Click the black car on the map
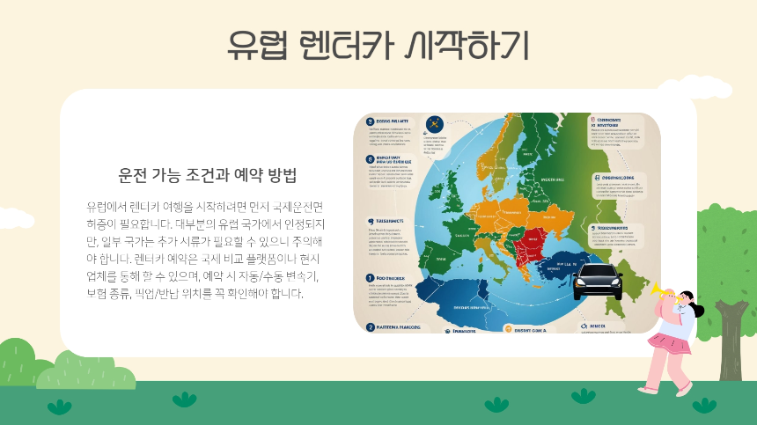coord(598,280)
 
